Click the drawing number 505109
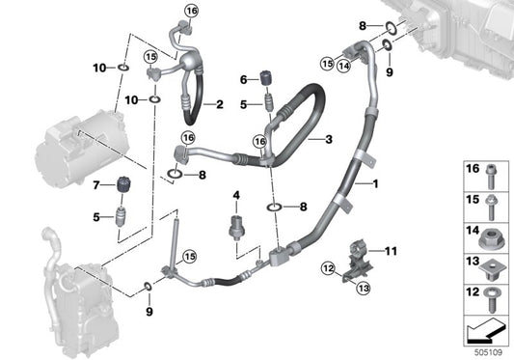488,352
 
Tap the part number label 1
375,183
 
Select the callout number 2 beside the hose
219,104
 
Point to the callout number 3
329,139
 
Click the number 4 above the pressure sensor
236,196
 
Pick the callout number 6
244,79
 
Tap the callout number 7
96,185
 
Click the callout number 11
391,251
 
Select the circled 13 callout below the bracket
364,289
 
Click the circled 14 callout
344,66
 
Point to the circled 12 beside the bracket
328,268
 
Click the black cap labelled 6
266,78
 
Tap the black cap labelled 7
122,185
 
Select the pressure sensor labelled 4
236,227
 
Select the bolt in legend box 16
491,177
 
